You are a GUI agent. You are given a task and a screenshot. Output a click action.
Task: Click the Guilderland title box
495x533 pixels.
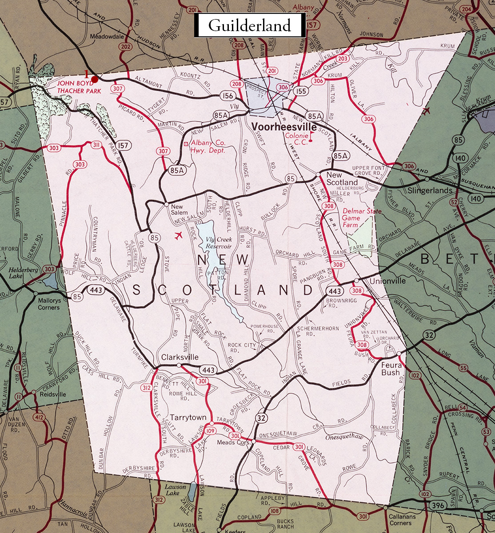pos(249,25)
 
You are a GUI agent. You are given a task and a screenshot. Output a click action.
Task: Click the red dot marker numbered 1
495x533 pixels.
pos(95,79)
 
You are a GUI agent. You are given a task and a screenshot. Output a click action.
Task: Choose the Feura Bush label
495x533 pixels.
pos(391,369)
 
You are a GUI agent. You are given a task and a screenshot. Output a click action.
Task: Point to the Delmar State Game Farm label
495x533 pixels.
pos(362,218)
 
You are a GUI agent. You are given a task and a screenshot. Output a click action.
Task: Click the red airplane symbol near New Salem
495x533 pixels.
pos(179,235)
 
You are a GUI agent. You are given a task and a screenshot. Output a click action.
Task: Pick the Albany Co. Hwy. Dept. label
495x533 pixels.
pos(208,147)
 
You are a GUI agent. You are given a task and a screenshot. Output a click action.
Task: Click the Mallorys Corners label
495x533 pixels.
pos(48,304)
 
